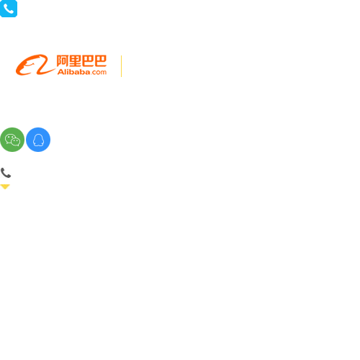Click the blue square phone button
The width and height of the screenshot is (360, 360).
tap(9, 9)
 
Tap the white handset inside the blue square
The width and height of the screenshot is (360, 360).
tap(9, 9)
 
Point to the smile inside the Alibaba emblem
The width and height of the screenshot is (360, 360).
tap(30, 64)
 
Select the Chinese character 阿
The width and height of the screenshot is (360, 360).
tap(63, 60)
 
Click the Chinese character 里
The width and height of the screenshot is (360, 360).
tap(75, 60)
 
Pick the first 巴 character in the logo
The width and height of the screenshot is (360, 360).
tap(88, 60)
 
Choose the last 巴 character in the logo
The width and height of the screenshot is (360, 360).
tap(100, 60)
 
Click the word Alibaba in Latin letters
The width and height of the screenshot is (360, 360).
tap(73, 72)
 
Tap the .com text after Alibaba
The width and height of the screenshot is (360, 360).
tap(99, 72)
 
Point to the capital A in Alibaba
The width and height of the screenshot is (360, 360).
tap(60, 72)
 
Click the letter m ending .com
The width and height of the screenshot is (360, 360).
tap(104, 73)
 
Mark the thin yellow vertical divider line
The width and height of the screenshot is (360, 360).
tap(122, 66)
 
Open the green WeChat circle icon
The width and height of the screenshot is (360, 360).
tap(12, 140)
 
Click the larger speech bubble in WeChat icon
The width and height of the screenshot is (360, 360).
tap(10, 138)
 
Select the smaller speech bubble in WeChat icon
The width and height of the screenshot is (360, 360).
tap(16, 142)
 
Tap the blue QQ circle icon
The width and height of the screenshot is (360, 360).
tap(38, 140)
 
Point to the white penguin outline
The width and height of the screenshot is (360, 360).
tap(38, 140)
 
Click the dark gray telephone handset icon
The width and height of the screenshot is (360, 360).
tap(6, 173)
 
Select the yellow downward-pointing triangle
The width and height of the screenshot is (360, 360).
tap(5, 186)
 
